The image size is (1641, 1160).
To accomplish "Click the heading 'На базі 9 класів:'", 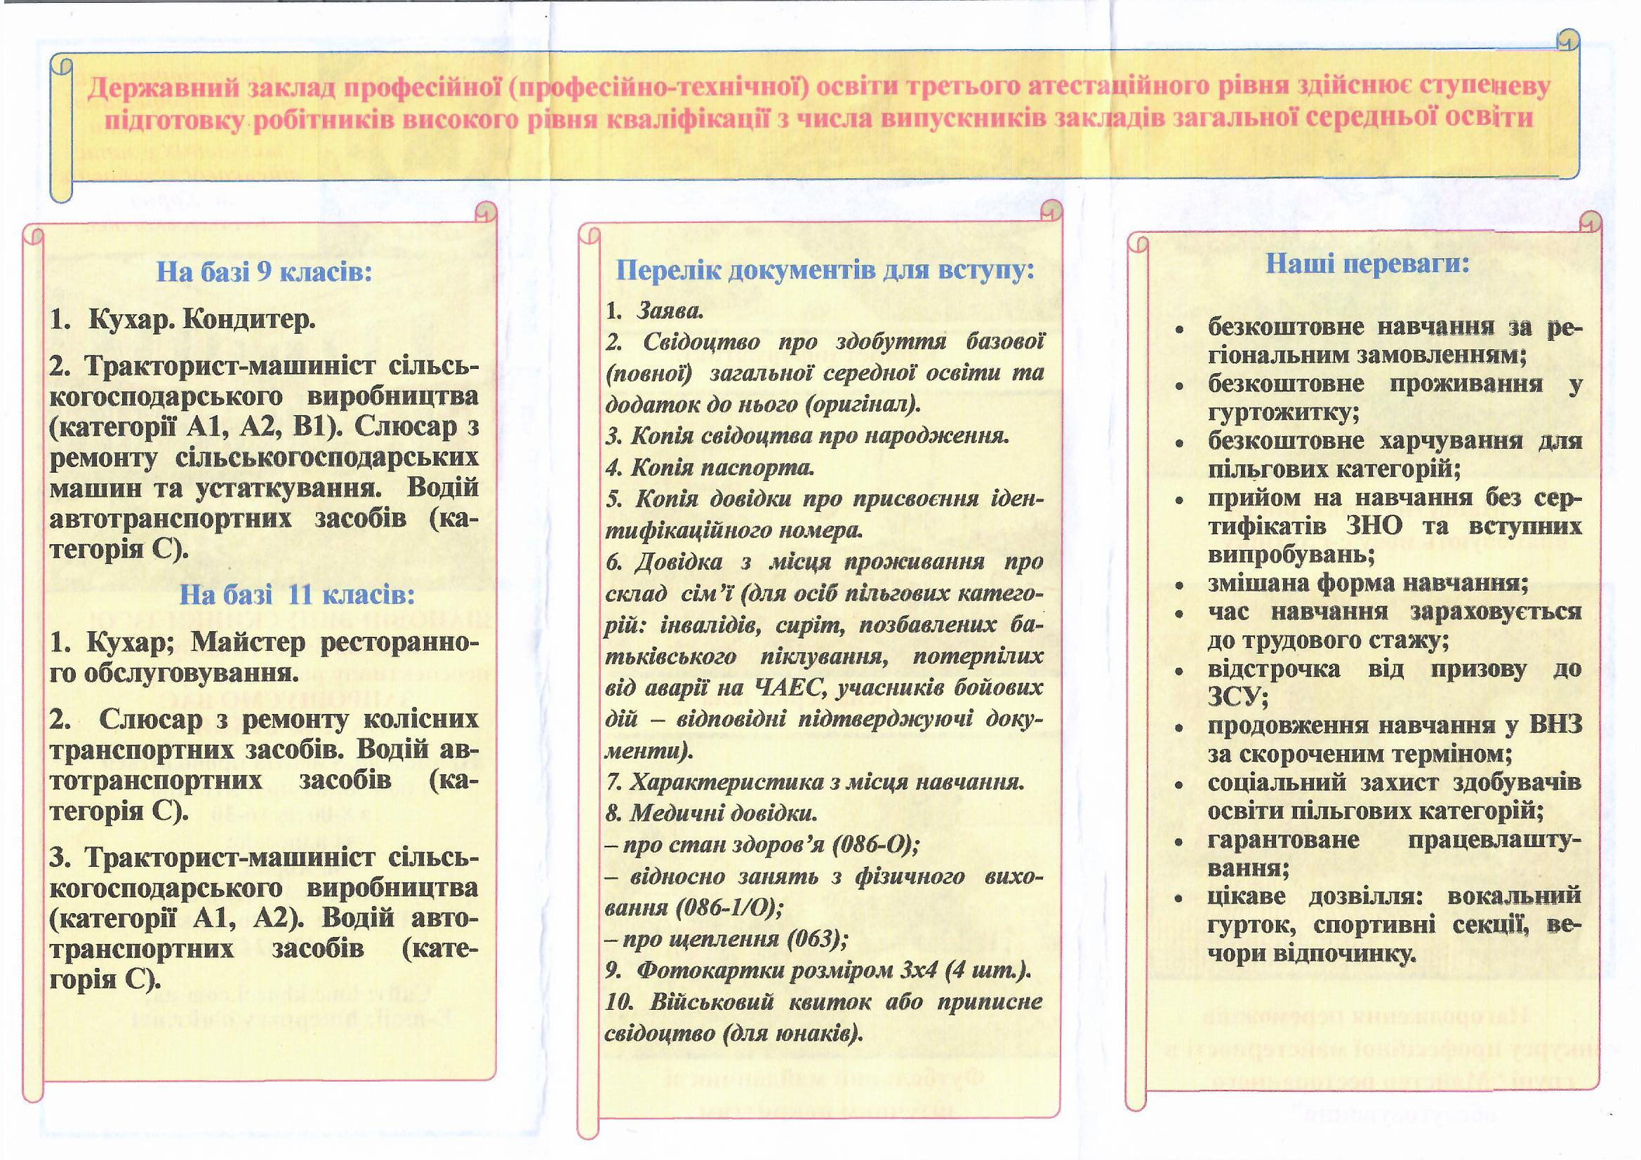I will coord(264,272).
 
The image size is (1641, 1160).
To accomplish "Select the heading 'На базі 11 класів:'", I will coord(297,594).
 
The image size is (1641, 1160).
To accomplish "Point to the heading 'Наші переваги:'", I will coord(1367,264).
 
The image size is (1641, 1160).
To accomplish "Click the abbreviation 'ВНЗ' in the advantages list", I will coord(1555,725).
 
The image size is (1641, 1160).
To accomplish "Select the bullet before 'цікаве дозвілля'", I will coord(1178,898).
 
